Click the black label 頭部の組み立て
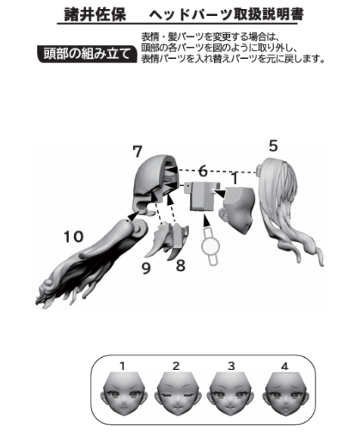click(87, 54)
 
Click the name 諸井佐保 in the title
click(95, 15)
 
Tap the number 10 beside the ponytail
click(73, 237)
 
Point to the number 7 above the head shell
click(138, 151)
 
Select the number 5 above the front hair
click(273, 146)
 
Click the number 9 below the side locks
click(146, 269)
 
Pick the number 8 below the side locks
click(181, 266)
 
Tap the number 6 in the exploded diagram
click(203, 171)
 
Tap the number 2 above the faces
click(176, 366)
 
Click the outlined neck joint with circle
click(211, 246)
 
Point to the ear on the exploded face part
click(223, 214)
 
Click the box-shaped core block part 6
click(202, 197)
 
